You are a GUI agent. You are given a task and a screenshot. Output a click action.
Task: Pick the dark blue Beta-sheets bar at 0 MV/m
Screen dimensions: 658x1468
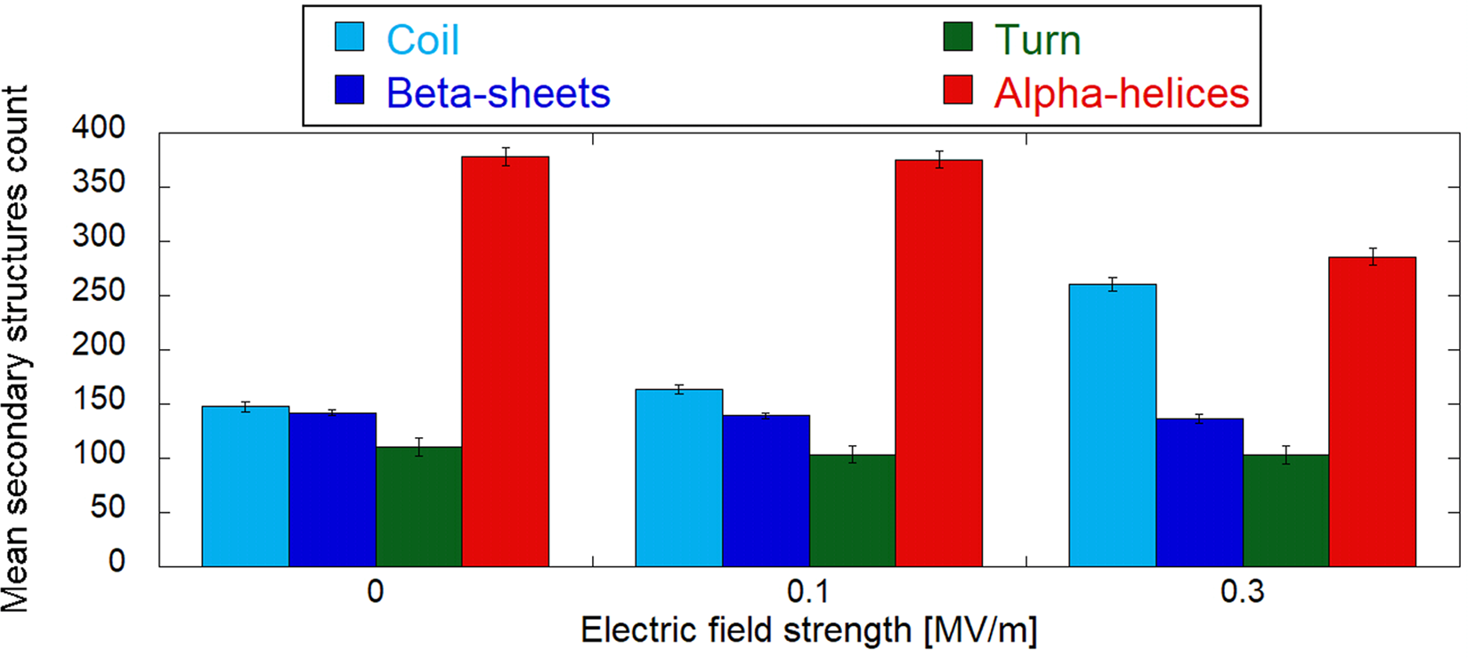(332, 490)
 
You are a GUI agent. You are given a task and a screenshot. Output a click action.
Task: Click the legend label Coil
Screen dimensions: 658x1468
(422, 40)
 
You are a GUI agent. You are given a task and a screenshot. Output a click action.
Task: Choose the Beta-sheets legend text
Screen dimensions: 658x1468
(498, 93)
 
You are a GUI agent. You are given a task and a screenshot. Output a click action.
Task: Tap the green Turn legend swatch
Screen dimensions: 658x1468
(958, 37)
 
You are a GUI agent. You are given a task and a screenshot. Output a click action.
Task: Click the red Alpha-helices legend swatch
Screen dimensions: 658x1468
(958, 90)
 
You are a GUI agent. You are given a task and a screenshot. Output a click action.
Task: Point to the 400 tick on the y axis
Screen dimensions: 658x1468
(98, 128)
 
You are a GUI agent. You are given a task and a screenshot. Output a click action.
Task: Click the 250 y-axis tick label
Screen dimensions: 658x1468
(98, 292)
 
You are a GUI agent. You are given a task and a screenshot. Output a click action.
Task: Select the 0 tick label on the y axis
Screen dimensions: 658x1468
(117, 561)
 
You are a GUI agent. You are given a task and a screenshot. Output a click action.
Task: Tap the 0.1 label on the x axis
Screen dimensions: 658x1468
(808, 591)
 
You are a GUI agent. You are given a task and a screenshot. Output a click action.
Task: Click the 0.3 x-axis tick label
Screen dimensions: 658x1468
(1242, 591)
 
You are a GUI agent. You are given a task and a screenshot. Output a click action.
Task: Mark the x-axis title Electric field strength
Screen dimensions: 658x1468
(808, 630)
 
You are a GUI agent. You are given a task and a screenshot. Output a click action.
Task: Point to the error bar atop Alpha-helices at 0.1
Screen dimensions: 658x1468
(939, 159)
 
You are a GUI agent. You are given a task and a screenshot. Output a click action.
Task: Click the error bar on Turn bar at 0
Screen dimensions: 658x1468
(418, 447)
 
